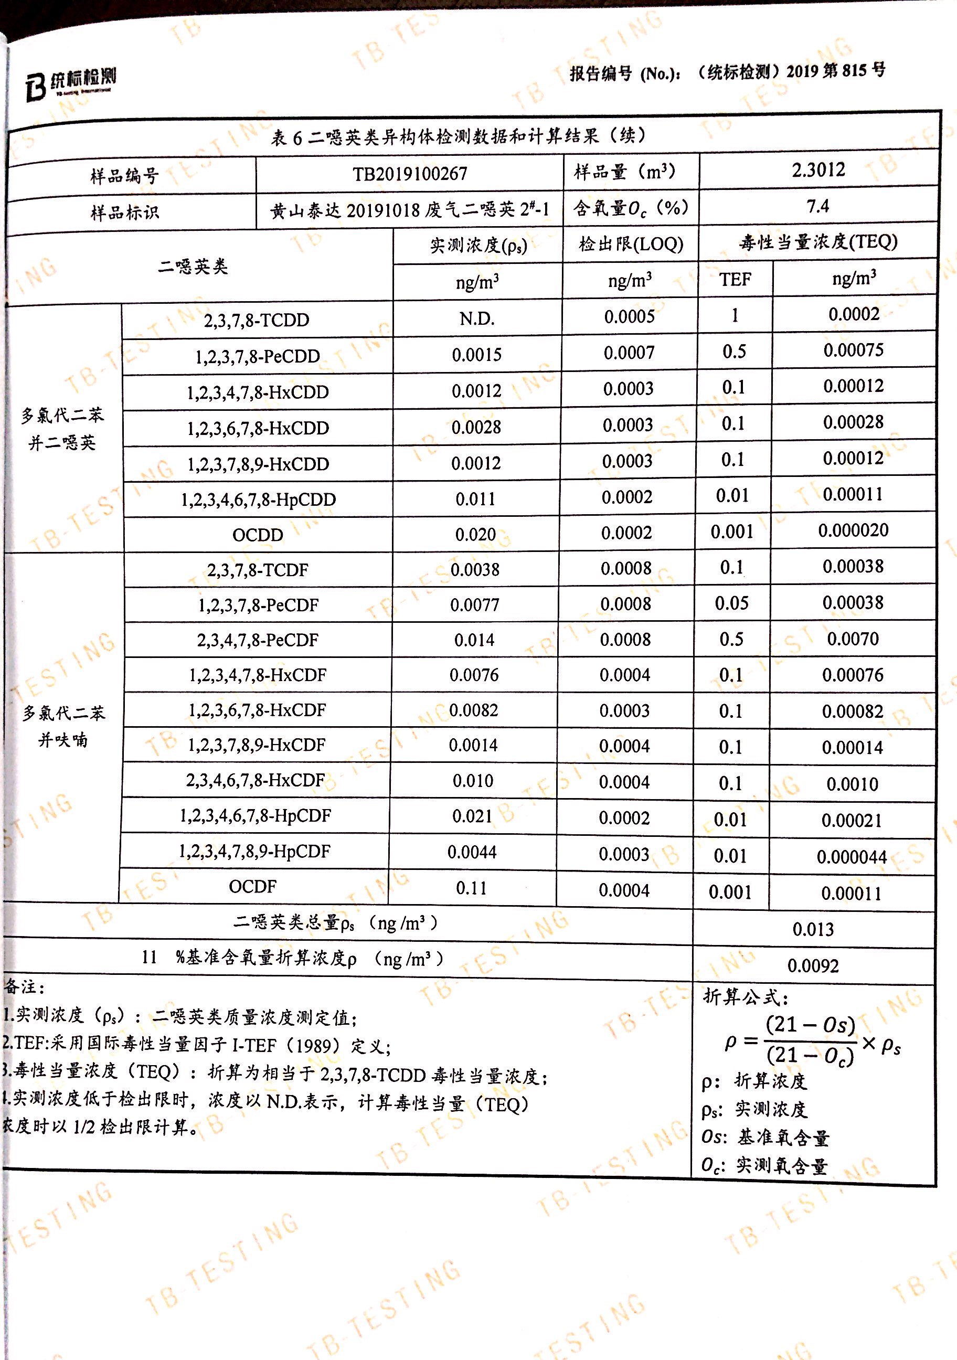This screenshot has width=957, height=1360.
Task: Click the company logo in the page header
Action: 70,83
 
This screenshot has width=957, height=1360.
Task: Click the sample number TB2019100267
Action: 410,174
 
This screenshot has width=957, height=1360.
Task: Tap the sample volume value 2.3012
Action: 818,170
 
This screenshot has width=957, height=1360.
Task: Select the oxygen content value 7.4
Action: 817,206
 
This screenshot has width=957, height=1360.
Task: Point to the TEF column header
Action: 735,279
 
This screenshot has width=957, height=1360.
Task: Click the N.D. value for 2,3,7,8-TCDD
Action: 477,319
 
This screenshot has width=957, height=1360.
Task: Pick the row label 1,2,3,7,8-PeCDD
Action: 257,356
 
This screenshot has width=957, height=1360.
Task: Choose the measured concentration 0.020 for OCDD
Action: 475,534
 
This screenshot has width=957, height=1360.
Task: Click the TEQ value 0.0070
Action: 852,639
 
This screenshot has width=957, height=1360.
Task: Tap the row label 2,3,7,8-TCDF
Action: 257,570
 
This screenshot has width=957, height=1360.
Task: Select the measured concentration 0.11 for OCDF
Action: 471,888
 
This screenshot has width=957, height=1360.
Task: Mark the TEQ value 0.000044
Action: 851,856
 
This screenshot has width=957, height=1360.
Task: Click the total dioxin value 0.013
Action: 813,929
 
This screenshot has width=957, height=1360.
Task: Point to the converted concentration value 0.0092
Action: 813,966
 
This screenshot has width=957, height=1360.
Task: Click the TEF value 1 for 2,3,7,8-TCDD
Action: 735,315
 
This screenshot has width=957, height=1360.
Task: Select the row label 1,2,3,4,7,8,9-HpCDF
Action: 254,851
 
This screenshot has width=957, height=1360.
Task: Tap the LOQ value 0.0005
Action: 629,316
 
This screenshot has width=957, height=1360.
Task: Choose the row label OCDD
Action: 257,535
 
